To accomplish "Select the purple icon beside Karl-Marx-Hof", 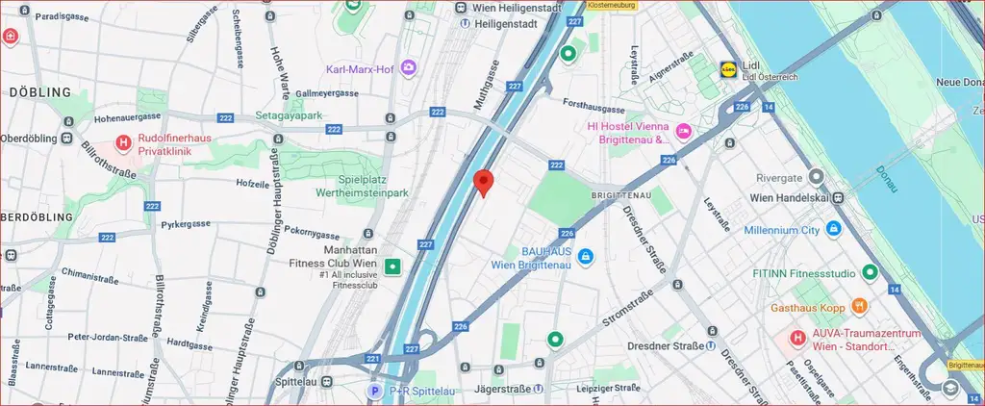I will pyautogui.click(x=409, y=68).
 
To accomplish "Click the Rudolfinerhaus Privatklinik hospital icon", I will pyautogui.click(x=123, y=144).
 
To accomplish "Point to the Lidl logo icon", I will pyautogui.click(x=730, y=68).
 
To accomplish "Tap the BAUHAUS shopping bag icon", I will pyautogui.click(x=585, y=256).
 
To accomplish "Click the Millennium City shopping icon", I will pyautogui.click(x=833, y=230).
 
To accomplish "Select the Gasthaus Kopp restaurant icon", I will pyautogui.click(x=859, y=306).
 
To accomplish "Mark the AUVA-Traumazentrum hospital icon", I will pyautogui.click(x=796, y=338).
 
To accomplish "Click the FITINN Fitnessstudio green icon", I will pyautogui.click(x=870, y=273).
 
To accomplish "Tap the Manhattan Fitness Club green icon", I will pyautogui.click(x=392, y=266).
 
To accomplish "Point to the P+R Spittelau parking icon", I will pyautogui.click(x=375, y=391).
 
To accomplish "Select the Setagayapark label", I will pyautogui.click(x=289, y=115).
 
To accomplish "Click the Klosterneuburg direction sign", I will pyautogui.click(x=611, y=5).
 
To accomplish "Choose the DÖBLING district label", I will pyautogui.click(x=40, y=92).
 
